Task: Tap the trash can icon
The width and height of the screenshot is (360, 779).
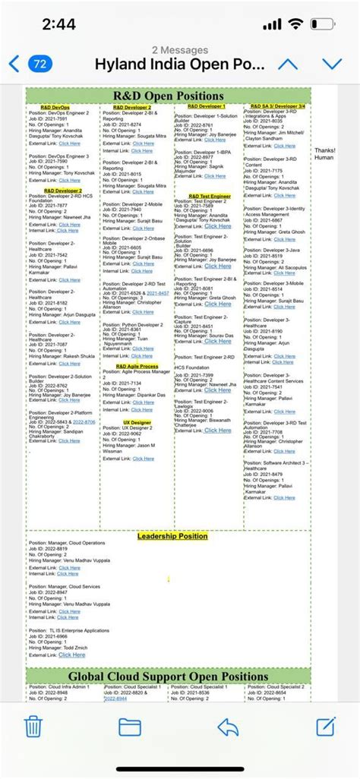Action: [x=33, y=727]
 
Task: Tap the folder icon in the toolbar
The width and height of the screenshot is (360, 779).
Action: [x=130, y=727]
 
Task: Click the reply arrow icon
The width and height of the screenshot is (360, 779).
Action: [x=228, y=727]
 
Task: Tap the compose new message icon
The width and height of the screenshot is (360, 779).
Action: [x=326, y=727]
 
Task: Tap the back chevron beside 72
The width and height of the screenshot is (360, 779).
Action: [x=14, y=64]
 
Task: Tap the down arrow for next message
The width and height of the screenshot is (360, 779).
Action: [x=332, y=64]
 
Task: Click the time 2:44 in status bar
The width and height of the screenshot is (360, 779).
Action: [x=58, y=24]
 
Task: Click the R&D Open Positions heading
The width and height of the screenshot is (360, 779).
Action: [x=169, y=96]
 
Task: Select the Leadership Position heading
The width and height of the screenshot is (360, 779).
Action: [x=172, y=536]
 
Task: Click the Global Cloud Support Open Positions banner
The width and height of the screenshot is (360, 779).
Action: [x=169, y=676]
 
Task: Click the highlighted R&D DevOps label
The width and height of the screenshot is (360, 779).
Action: [x=55, y=108]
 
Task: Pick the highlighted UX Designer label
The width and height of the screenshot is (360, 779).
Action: [x=137, y=421]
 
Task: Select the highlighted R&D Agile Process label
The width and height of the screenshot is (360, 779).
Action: [x=137, y=366]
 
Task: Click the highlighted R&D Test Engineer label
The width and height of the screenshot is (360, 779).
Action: [x=210, y=196]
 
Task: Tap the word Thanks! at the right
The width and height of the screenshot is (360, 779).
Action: [x=324, y=150]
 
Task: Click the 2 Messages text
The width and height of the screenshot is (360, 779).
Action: [x=180, y=50]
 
